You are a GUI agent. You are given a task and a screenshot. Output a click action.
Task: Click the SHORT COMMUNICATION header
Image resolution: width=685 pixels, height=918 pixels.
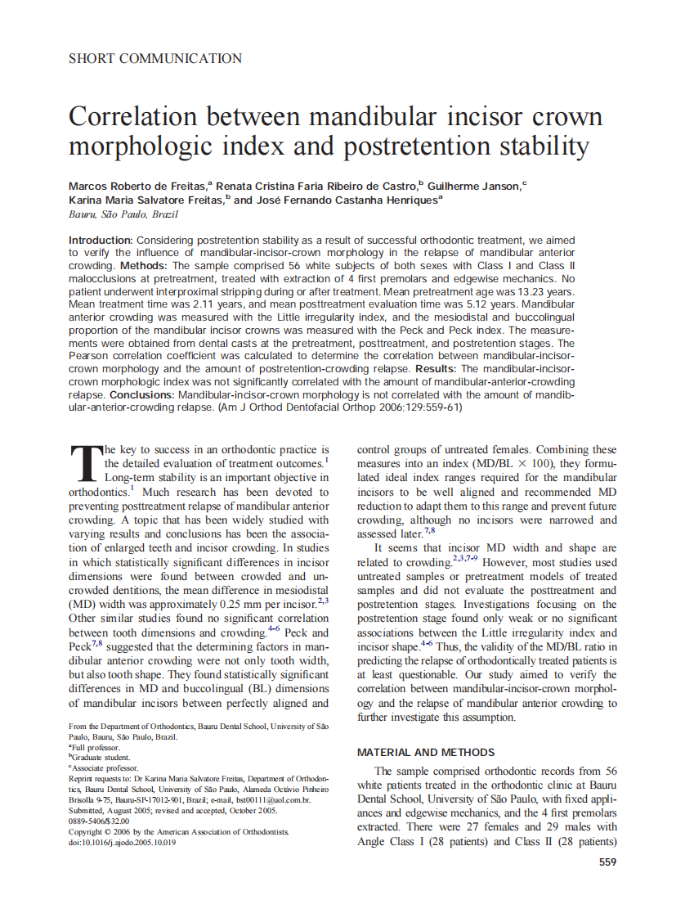point(154,58)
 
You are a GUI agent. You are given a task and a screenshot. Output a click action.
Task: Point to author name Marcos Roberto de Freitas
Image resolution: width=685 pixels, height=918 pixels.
point(137,186)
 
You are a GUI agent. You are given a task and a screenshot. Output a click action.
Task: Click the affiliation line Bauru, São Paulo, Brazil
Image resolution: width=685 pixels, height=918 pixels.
point(123,214)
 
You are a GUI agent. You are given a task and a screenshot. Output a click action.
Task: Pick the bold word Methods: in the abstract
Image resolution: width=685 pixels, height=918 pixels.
point(144,266)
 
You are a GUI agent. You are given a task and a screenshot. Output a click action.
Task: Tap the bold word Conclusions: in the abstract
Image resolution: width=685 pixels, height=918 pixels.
point(142,394)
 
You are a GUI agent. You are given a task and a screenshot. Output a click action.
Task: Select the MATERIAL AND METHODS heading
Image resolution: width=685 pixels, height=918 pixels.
point(426,752)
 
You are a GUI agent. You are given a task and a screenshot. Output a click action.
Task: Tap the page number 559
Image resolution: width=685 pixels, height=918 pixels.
point(607,862)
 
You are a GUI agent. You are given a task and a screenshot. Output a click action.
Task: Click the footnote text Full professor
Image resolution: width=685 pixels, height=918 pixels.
point(96,748)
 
